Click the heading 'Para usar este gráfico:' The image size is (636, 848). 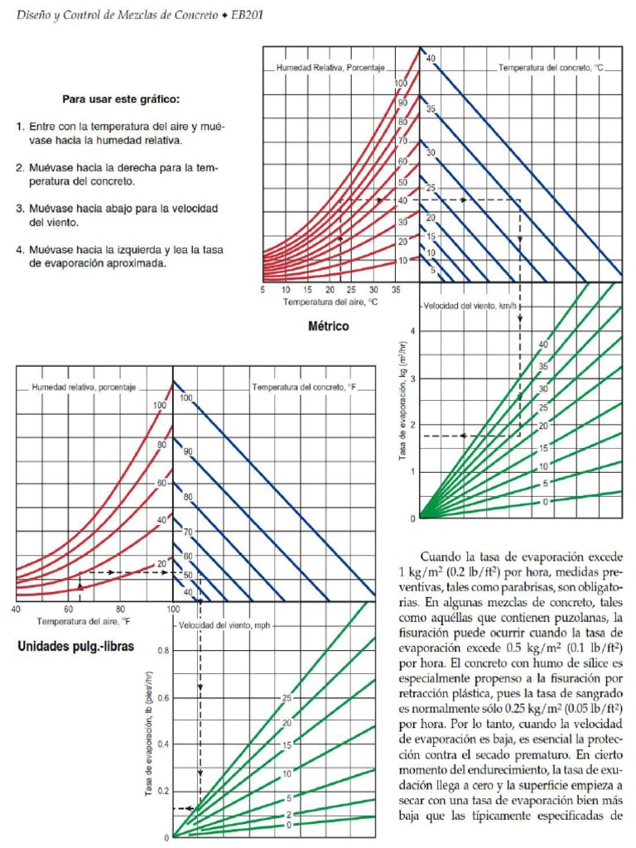[121, 99]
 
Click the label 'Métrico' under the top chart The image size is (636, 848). [329, 326]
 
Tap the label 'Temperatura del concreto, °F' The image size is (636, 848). [303, 387]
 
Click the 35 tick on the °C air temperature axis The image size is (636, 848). [395, 290]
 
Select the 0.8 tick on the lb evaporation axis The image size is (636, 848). [161, 651]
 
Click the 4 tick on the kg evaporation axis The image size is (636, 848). [412, 331]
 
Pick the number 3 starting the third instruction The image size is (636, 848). [18, 208]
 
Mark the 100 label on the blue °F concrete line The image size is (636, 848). [186, 398]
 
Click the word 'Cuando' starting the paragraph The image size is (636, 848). [444, 557]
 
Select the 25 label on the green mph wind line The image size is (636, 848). [287, 698]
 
